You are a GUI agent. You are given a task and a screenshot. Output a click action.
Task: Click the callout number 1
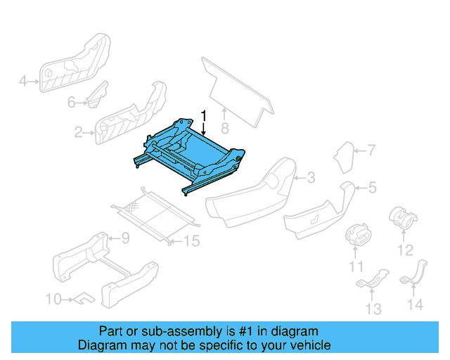pyautogui.click(x=203, y=115)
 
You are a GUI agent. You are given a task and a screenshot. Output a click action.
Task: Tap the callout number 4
pyautogui.click(x=22, y=82)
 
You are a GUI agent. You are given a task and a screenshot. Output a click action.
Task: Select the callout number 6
pyautogui.click(x=72, y=103)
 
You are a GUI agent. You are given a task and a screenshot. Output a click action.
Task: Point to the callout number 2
pyautogui.click(x=79, y=131)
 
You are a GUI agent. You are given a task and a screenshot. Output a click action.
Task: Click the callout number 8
pyautogui.click(x=224, y=128)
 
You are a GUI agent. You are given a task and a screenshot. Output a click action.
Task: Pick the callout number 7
pyautogui.click(x=372, y=150)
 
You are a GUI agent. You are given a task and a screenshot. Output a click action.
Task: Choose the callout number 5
pyautogui.click(x=373, y=187)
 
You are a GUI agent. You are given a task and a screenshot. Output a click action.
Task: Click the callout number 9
pyautogui.click(x=125, y=238)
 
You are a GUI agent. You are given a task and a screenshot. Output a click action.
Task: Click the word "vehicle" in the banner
pyautogui.click(x=309, y=345)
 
